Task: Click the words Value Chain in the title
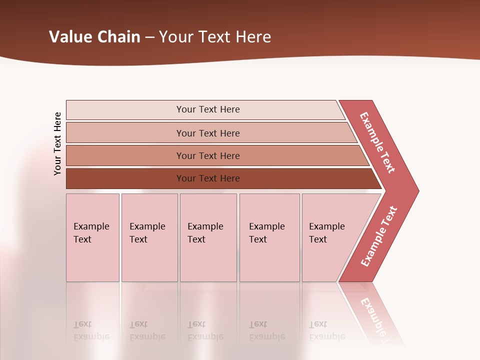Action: click(94, 36)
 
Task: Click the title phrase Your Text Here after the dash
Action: click(215, 36)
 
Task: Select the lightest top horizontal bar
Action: click(125, 109)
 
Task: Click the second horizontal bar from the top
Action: click(125, 133)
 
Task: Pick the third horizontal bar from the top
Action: click(125, 155)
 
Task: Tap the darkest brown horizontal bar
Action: click(125, 178)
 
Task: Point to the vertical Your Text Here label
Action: click(57, 143)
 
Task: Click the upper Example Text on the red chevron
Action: click(377, 142)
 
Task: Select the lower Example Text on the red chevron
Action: click(379, 236)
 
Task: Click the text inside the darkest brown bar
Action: click(208, 178)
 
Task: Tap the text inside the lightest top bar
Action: click(208, 109)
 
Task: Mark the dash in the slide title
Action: click(149, 37)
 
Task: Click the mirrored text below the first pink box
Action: click(91, 330)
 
